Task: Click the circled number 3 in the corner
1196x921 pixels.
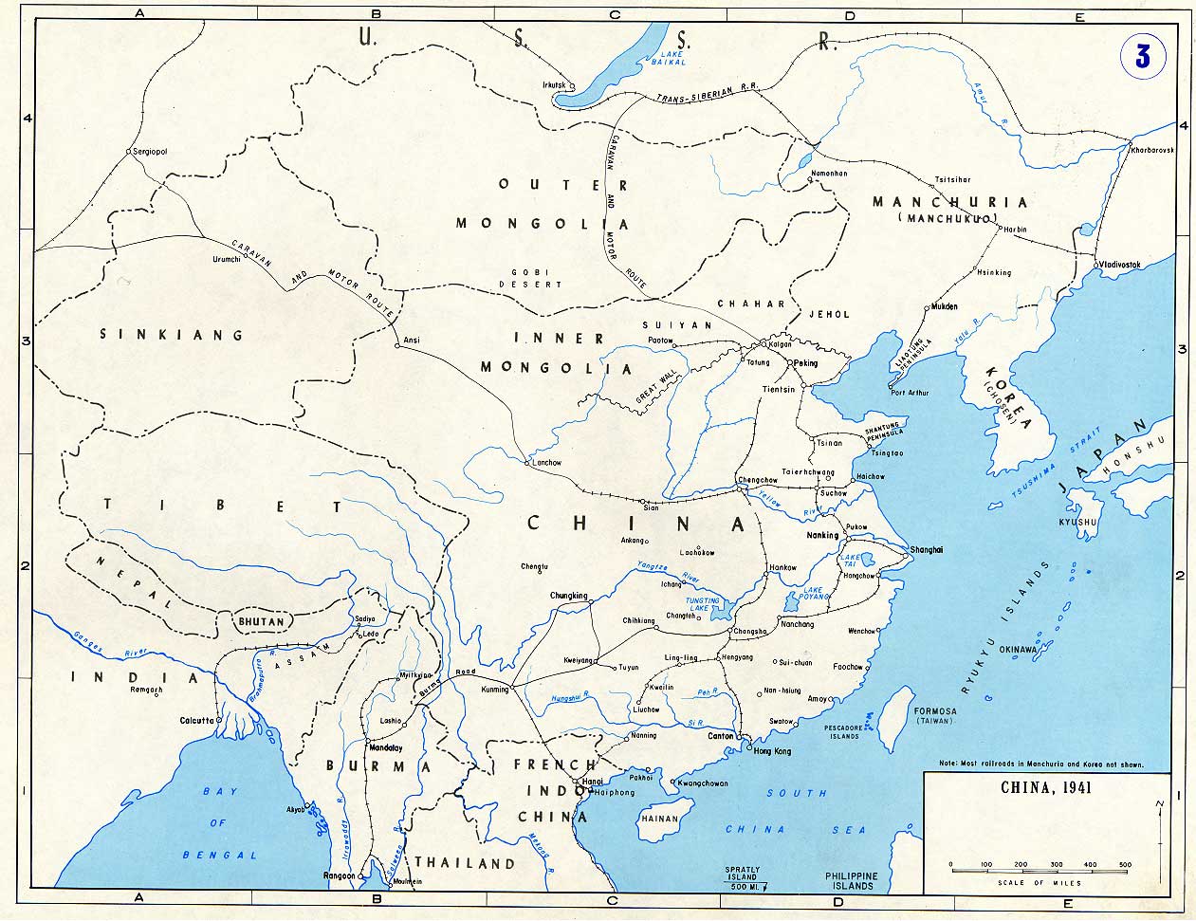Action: pyautogui.click(x=1142, y=57)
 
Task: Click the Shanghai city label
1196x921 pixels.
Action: pyautogui.click(x=927, y=549)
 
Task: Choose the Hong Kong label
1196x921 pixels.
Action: pyautogui.click(x=771, y=750)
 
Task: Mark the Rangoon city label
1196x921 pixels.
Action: pyautogui.click(x=339, y=875)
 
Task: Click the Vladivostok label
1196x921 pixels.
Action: pyautogui.click(x=1123, y=264)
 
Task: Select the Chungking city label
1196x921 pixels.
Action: pyautogui.click(x=569, y=596)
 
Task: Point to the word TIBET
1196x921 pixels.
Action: pyautogui.click(x=223, y=506)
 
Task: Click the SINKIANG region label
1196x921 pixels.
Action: pyautogui.click(x=172, y=335)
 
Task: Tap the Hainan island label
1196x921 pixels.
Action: pyautogui.click(x=660, y=819)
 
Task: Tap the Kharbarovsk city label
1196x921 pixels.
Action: pyautogui.click(x=1152, y=151)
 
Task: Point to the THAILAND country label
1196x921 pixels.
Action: pyautogui.click(x=465, y=863)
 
